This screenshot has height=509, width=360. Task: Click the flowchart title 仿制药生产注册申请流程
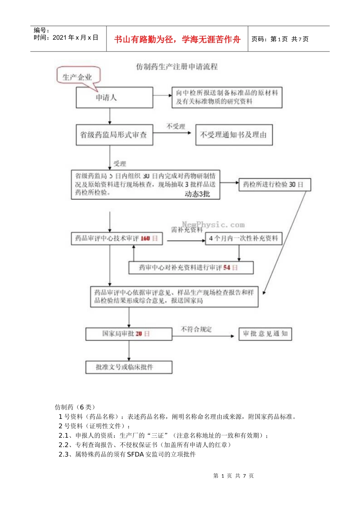pyautogui.click(x=177, y=67)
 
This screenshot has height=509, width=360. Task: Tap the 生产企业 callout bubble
pyautogui.click(x=77, y=77)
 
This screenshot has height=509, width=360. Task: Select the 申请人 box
pyautogui.click(x=114, y=98)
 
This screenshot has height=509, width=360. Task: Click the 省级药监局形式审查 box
pyautogui.click(x=114, y=135)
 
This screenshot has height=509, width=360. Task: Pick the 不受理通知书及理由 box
pyautogui.click(x=234, y=135)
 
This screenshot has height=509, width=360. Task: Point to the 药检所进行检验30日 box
pyautogui.click(x=274, y=185)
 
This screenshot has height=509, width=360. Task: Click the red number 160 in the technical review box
pyautogui.click(x=145, y=239)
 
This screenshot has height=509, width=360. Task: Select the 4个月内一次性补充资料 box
pyautogui.click(x=243, y=239)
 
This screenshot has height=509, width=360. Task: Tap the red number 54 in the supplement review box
pyautogui.click(x=227, y=268)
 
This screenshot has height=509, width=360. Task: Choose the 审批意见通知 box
pyautogui.click(x=265, y=334)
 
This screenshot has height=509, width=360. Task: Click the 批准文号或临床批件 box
pyautogui.click(x=128, y=367)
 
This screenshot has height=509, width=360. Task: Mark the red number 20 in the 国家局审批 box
pyautogui.click(x=139, y=334)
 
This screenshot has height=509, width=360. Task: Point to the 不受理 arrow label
pyautogui.click(x=176, y=126)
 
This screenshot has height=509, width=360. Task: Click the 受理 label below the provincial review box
pyautogui.click(x=120, y=164)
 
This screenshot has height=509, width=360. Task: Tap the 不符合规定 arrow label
pyautogui.click(x=196, y=329)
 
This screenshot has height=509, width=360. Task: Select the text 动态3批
pyautogui.click(x=197, y=194)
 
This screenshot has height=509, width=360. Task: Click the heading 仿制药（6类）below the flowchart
pyautogui.click(x=75, y=407)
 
